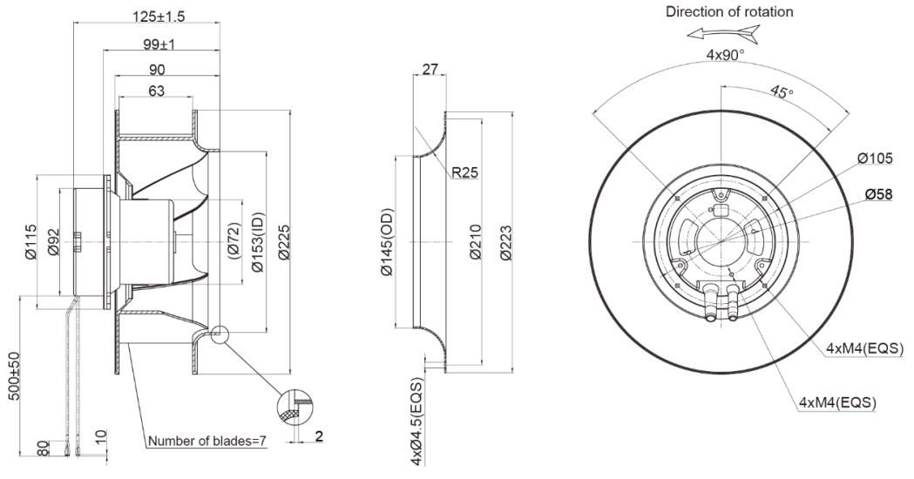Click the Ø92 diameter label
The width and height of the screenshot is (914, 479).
pos(54,240)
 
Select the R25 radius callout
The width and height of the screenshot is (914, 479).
pos(466,172)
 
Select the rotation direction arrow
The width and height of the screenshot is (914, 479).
pos(723,34)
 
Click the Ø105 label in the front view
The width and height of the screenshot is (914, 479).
pos(875,158)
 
